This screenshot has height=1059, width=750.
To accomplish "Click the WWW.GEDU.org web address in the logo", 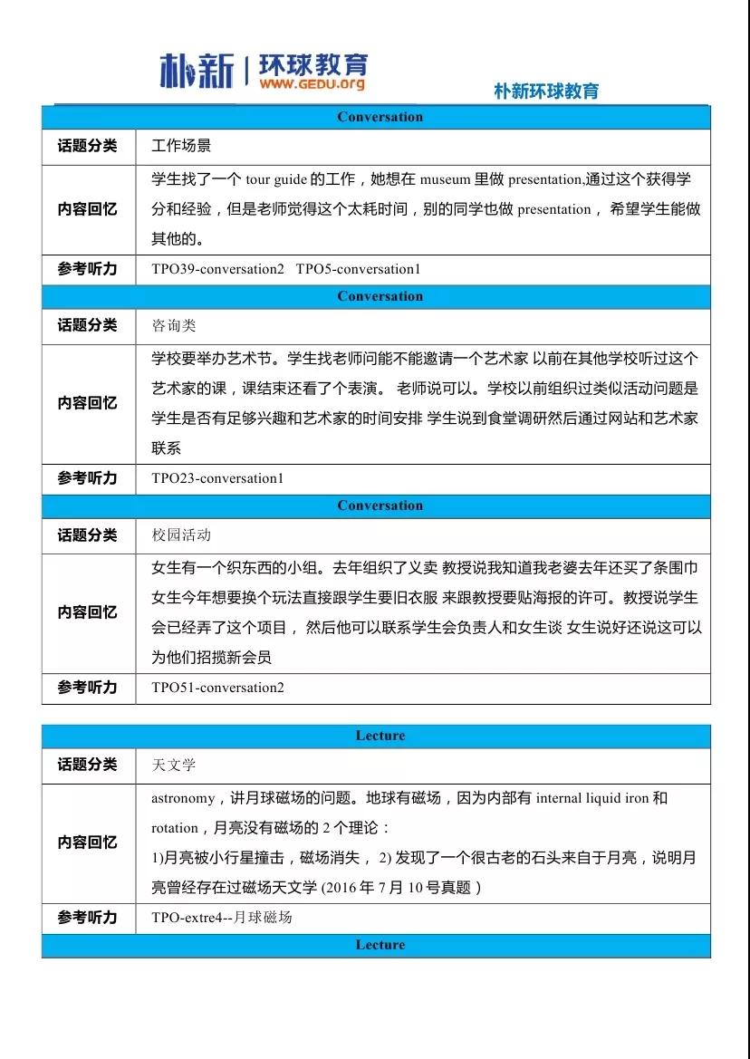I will click(312, 84).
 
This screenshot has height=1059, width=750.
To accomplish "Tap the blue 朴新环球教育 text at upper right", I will click(546, 91).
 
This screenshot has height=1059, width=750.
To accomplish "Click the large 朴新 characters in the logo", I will click(197, 70).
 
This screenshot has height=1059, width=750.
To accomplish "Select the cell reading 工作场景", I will click(181, 145).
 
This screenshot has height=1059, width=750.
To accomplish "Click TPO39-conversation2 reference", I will click(217, 269).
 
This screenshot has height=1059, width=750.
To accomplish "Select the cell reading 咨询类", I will click(173, 325).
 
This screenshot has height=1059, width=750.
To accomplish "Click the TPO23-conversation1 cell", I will click(217, 478).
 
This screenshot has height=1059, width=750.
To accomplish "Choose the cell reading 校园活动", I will click(181, 535).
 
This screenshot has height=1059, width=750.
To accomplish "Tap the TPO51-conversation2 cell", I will click(217, 688).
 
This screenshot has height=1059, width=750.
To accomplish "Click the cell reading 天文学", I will click(173, 765).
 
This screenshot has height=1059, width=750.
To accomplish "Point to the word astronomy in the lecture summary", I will click(182, 799).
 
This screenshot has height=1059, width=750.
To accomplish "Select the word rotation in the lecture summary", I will click(174, 828).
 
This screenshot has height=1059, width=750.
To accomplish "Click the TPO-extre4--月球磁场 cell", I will click(222, 918).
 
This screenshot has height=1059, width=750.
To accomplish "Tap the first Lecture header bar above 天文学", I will click(380, 736).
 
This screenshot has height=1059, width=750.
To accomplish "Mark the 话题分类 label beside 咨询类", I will click(88, 325).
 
